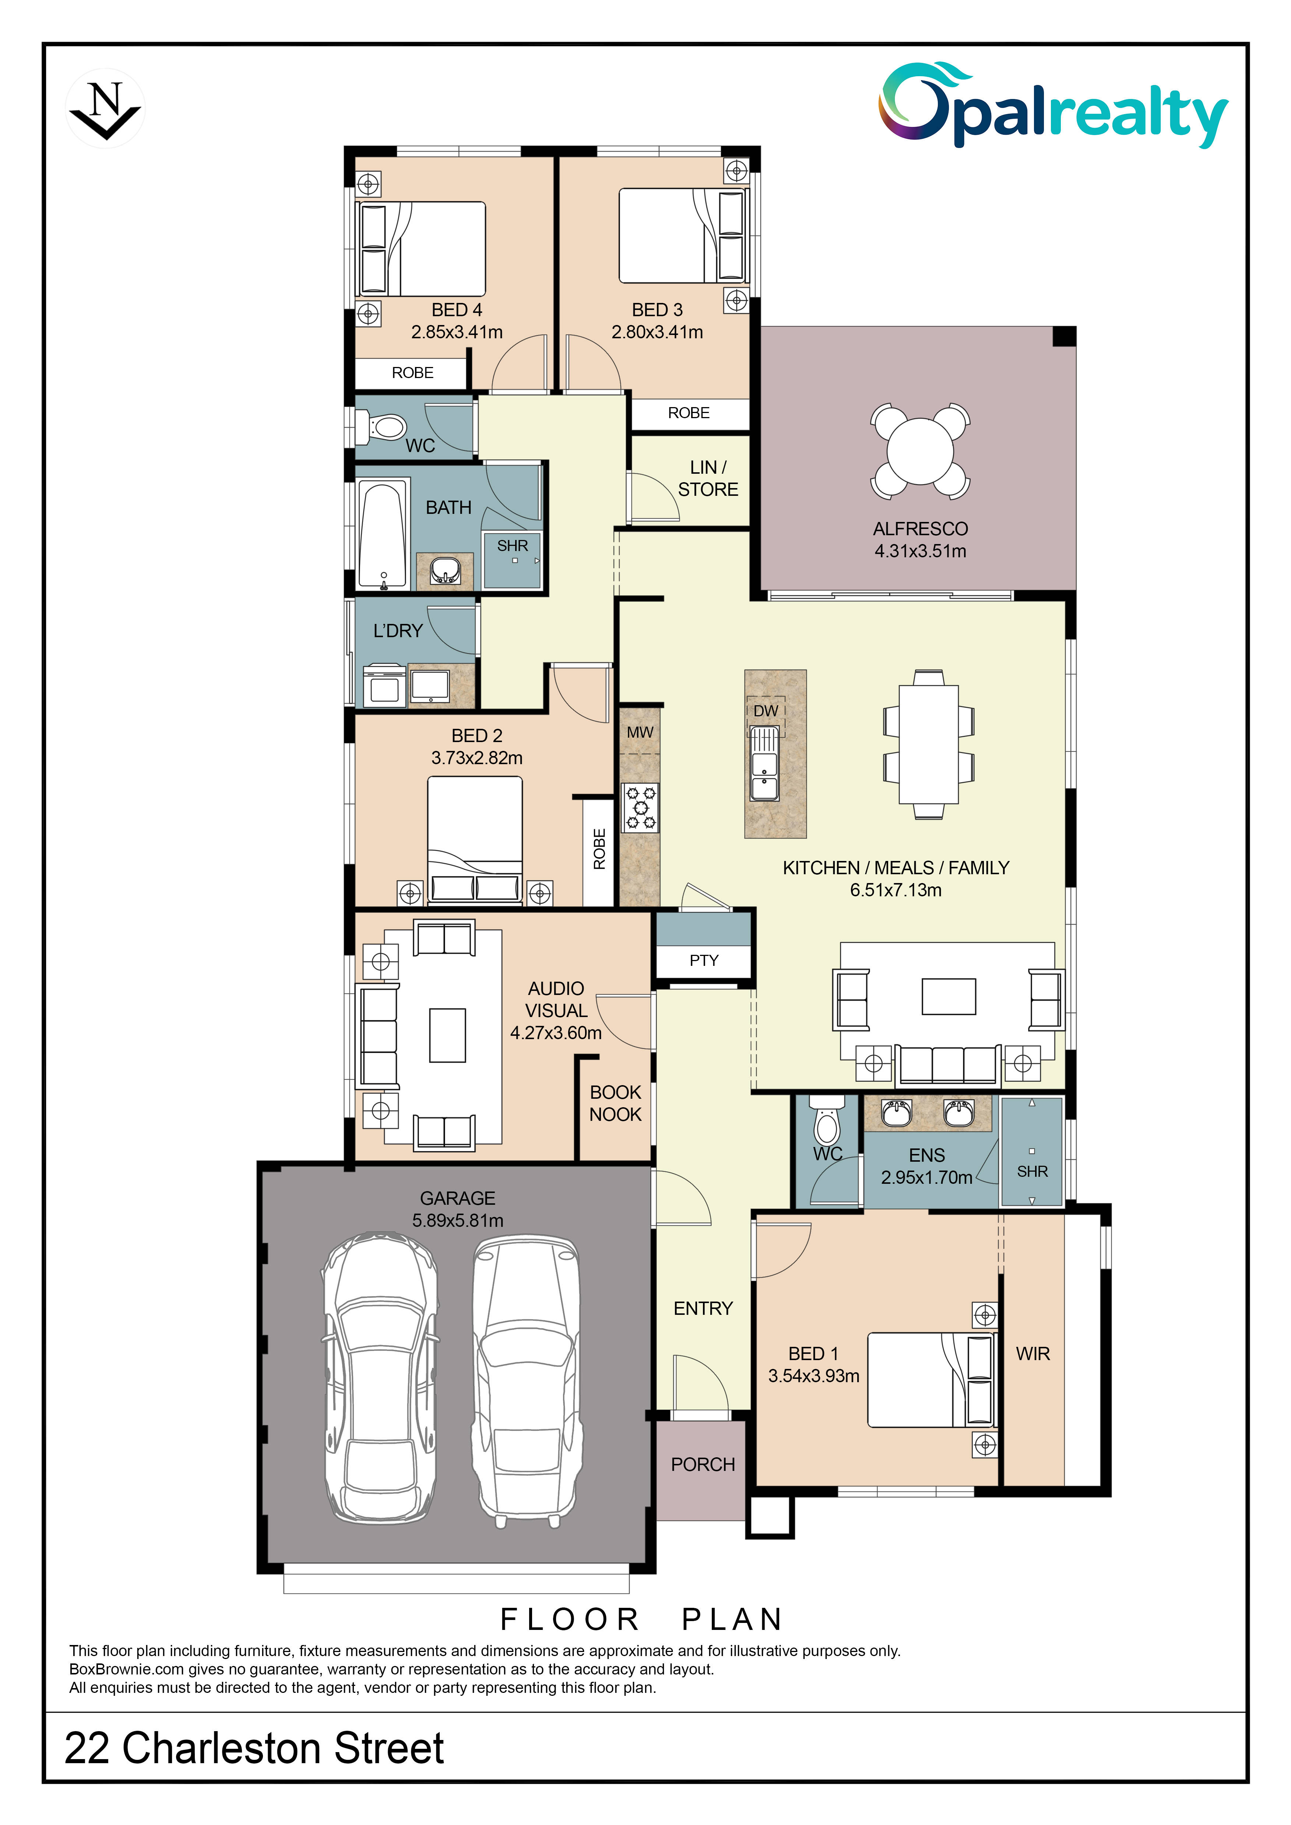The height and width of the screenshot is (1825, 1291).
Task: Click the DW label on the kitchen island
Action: (766, 711)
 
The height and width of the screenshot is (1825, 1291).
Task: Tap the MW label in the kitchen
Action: (640, 732)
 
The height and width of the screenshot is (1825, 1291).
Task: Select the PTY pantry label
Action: (704, 960)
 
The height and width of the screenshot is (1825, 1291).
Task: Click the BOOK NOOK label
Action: (615, 1103)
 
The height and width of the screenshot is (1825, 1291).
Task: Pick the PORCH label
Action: (703, 1464)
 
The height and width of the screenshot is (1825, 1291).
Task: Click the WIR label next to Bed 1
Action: (1033, 1353)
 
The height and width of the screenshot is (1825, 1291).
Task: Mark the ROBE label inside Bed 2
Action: (599, 849)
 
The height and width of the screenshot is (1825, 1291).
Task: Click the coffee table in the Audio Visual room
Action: (447, 1036)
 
